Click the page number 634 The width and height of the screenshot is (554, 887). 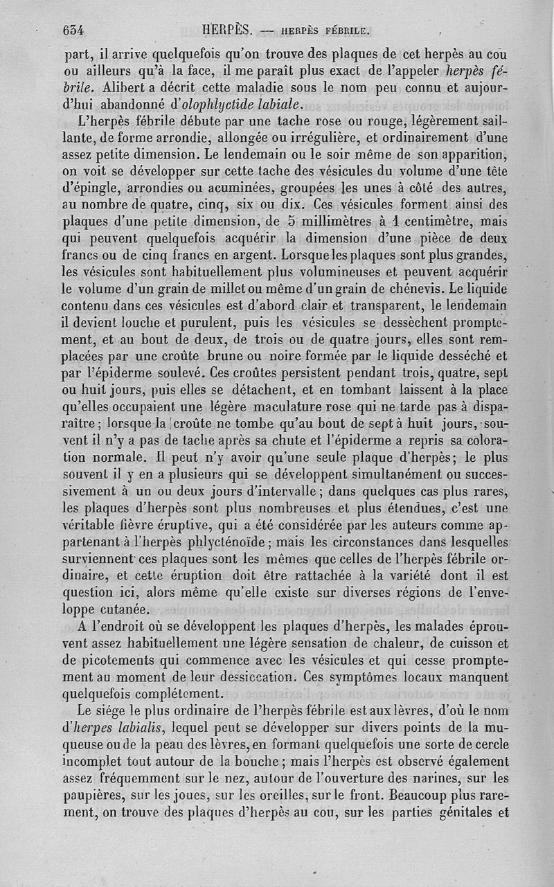(73, 30)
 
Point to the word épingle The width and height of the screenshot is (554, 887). (87, 190)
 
